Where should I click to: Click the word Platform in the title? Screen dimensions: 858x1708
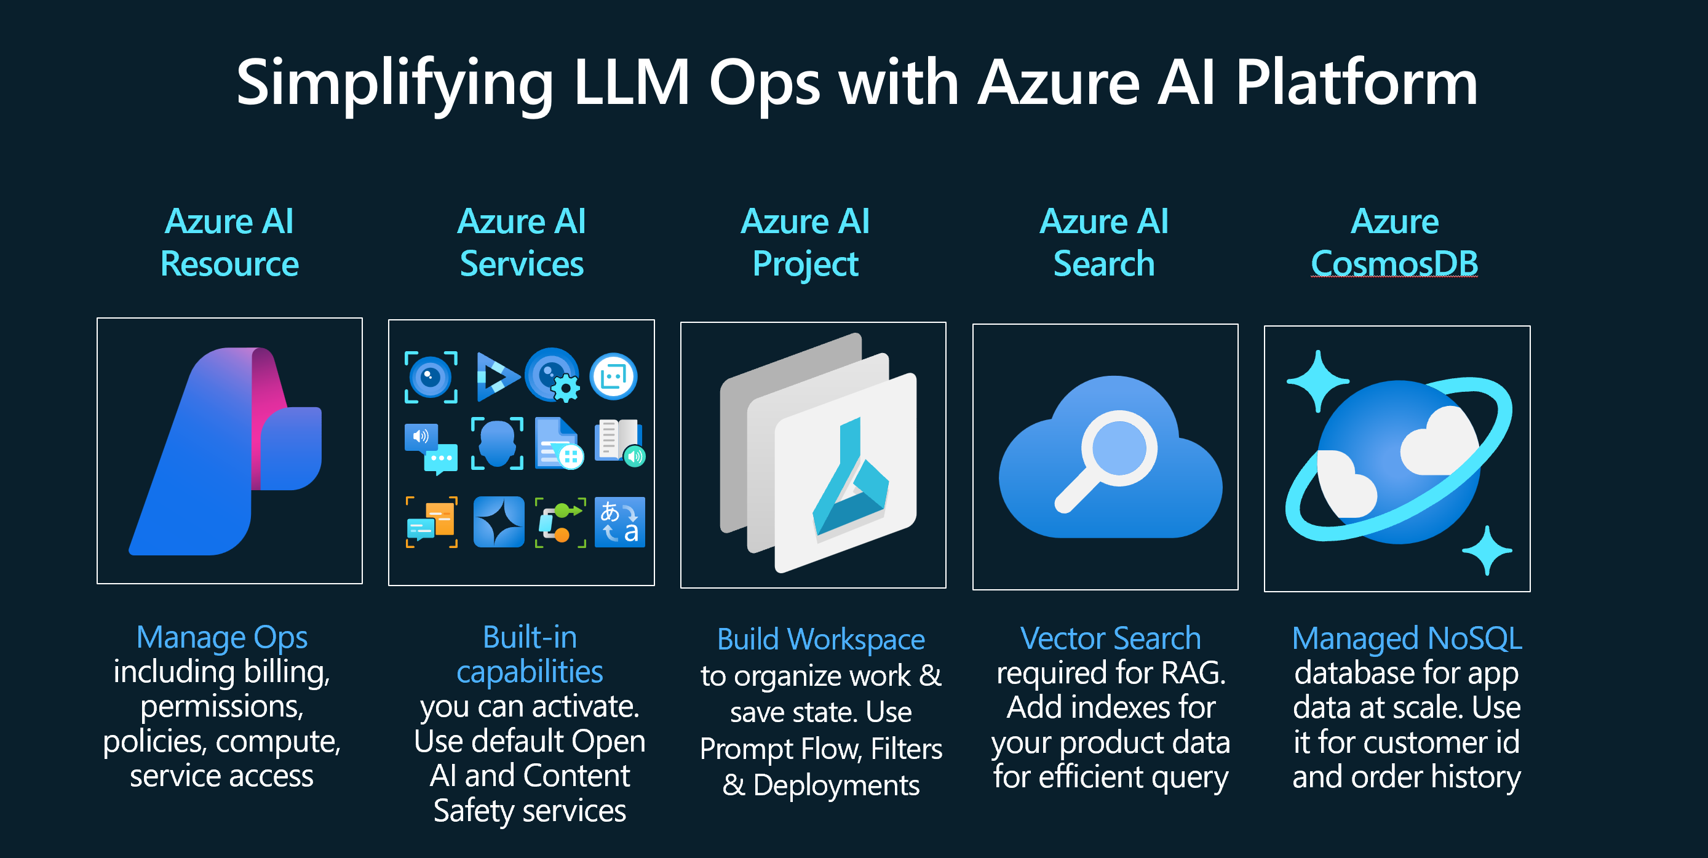point(1356,83)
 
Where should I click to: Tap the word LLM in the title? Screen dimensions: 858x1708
point(631,83)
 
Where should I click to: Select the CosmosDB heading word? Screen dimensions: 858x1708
point(1394,264)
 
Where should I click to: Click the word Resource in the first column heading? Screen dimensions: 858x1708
point(229,264)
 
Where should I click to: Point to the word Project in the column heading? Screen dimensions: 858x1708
point(805,264)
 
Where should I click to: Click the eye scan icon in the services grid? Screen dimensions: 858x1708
point(431,376)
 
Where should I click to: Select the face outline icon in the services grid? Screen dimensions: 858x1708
point(496,443)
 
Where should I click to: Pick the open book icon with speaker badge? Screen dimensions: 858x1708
point(619,442)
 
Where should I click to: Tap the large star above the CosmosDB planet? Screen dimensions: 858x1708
point(1318,381)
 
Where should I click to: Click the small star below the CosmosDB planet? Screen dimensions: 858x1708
point(1487,550)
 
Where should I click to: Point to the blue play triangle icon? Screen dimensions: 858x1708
point(496,376)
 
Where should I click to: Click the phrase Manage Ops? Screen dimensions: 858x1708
point(221,637)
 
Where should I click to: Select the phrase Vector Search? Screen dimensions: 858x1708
point(1110,638)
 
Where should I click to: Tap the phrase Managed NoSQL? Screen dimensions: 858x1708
point(1406,638)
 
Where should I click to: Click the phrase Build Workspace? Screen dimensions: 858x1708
point(821,639)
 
